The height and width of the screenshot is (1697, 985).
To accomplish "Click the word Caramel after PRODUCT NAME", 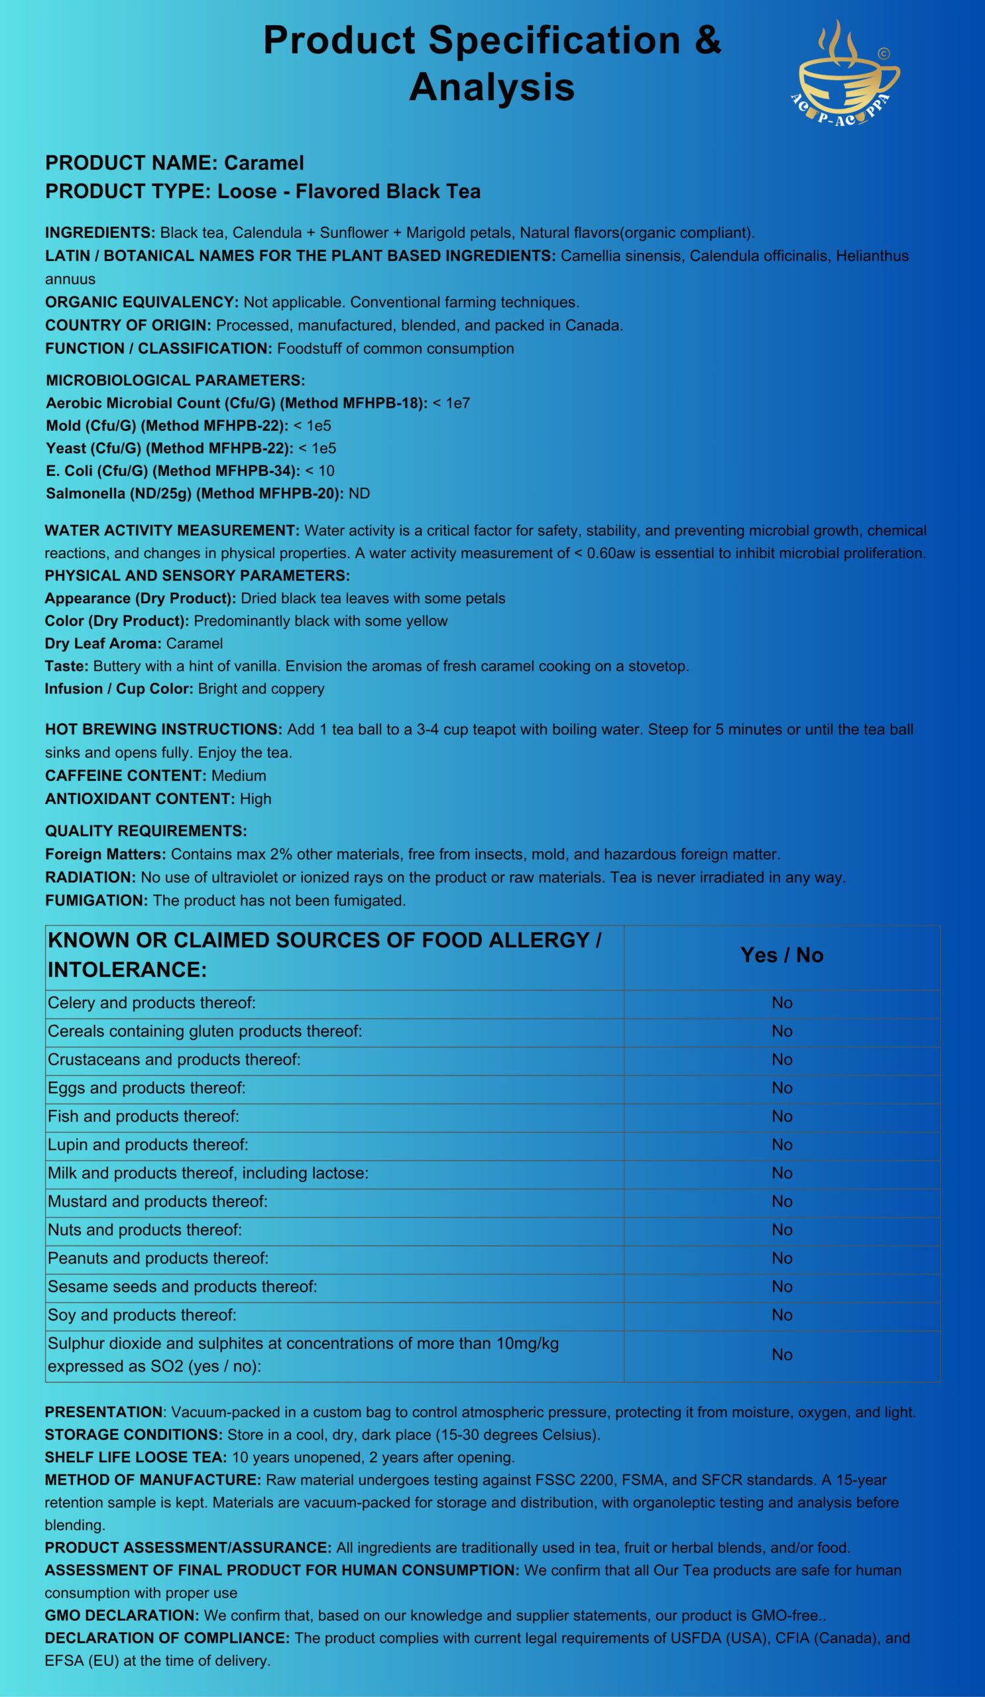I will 264,163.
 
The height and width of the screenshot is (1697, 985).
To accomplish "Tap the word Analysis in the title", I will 491,87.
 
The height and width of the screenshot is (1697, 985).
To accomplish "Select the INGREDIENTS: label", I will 100,233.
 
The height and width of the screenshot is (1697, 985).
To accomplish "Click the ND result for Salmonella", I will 359,494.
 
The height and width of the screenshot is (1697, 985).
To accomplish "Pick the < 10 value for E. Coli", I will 319,471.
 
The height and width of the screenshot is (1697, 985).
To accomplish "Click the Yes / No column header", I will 782,955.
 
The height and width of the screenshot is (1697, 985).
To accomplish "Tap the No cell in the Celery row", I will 782,1003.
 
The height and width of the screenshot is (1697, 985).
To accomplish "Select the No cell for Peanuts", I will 782,1258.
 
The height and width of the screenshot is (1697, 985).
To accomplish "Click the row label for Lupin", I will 148,1145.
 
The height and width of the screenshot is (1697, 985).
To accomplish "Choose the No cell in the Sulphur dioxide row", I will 782,1354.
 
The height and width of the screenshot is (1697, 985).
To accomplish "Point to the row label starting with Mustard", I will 158,1201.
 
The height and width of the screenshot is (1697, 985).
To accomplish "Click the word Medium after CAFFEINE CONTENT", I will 239,776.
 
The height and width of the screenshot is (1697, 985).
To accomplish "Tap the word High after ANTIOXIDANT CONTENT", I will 255,799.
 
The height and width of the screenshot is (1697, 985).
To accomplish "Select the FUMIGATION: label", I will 96,900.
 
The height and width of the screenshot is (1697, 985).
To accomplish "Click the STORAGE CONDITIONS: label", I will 133,1434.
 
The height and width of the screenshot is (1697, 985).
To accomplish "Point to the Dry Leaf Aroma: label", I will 103,643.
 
